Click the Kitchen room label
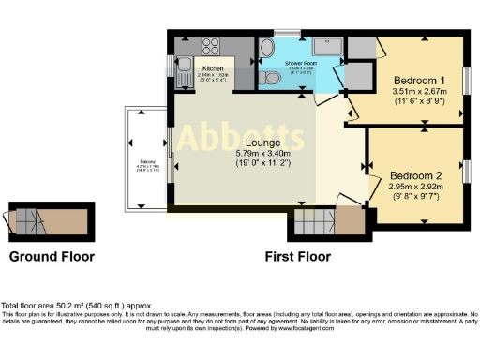point(212,69)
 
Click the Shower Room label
point(302,63)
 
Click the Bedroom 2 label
point(414,175)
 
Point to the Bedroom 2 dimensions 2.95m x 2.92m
point(414,187)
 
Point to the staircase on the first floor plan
point(315,224)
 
